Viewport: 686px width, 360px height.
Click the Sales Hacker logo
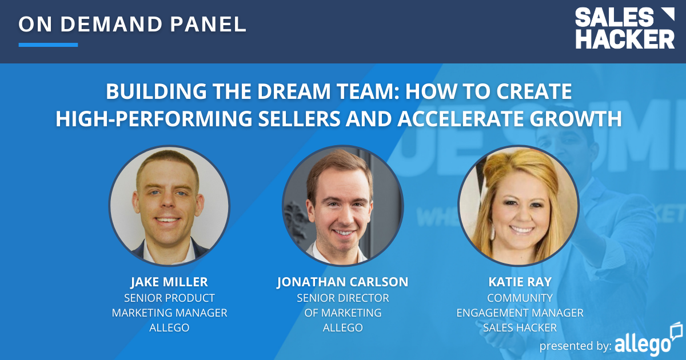point(624,29)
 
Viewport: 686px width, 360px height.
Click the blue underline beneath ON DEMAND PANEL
point(48,45)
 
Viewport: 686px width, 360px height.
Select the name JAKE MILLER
point(169,282)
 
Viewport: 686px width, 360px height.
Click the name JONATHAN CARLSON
point(342,282)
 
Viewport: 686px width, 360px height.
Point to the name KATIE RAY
point(519,282)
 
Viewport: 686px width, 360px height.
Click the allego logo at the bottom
point(643,345)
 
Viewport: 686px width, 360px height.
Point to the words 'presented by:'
point(575,346)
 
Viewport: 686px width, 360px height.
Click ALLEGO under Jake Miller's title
point(169,328)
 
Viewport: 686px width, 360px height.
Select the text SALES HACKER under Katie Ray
point(519,328)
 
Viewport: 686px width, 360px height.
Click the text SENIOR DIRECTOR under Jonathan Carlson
point(342,298)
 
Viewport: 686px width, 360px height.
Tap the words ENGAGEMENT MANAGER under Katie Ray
point(519,313)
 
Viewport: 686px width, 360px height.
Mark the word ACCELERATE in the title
point(462,119)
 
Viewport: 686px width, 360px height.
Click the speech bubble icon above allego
point(676,330)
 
